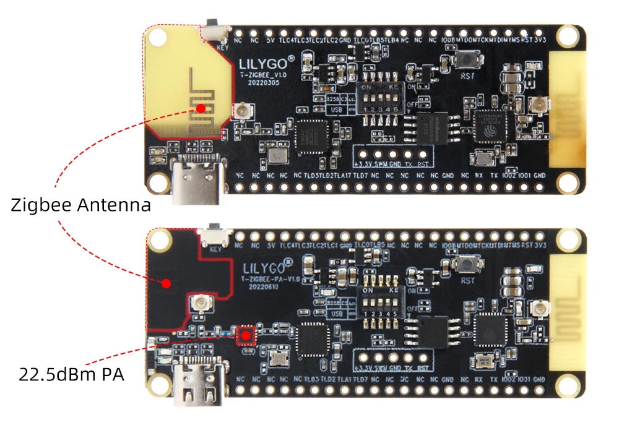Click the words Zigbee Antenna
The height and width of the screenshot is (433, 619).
(80, 205)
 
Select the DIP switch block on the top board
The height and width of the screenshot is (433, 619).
(379, 100)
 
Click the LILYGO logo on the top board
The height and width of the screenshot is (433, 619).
(263, 62)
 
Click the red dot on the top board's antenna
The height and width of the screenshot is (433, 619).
(201, 108)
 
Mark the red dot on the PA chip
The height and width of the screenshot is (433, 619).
(246, 335)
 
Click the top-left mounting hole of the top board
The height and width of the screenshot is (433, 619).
(158, 37)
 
